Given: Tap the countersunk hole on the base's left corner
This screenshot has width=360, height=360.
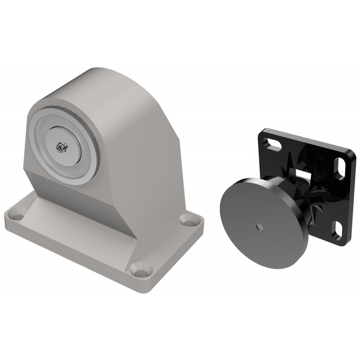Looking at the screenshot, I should (18, 216).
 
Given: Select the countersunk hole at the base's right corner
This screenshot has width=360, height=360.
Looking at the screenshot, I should (185, 220).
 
